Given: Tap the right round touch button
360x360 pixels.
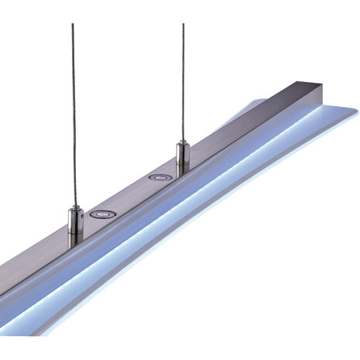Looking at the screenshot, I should click(160, 177).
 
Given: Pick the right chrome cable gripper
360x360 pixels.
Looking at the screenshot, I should click(183, 157).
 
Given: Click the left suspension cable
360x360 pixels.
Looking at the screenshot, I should click(73, 116).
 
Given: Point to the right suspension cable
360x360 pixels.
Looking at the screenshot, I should click(183, 77).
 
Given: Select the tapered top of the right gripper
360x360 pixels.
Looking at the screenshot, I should click(183, 143).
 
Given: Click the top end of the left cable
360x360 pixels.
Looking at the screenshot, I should click(72, 26).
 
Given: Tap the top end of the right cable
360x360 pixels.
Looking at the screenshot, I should click(183, 26).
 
